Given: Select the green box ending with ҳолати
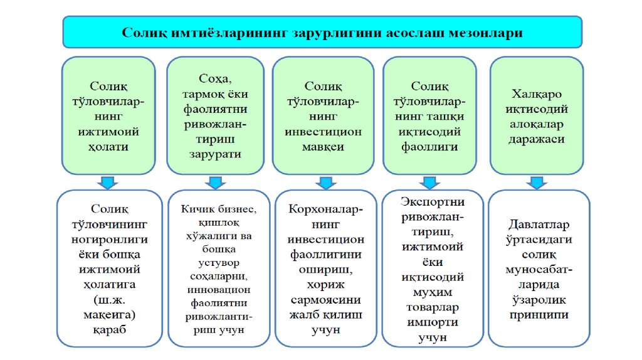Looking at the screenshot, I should pyautogui.click(x=108, y=115).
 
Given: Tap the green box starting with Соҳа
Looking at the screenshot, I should pyautogui.click(x=215, y=115).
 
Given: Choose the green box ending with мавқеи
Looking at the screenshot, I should pyautogui.click(x=324, y=115).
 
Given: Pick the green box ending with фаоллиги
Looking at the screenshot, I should pyautogui.click(x=431, y=115).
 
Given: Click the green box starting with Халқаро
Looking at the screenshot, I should pyautogui.click(x=537, y=115).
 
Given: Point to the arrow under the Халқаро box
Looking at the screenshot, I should pyautogui.click(x=537, y=183).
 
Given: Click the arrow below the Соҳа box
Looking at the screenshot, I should pyautogui.click(x=215, y=183).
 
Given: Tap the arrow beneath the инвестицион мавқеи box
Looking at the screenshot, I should pyautogui.click(x=324, y=183).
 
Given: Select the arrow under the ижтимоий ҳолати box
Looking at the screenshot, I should pyautogui.click(x=108, y=183).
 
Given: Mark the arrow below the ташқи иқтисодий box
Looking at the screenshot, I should pyautogui.click(x=431, y=183).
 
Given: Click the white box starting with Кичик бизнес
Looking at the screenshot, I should pyautogui.click(x=215, y=268).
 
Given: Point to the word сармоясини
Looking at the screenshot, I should pyautogui.click(x=324, y=299).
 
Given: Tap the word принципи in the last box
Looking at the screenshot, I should pyautogui.click(x=539, y=315).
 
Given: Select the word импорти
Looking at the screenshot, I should pyautogui.click(x=431, y=322).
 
